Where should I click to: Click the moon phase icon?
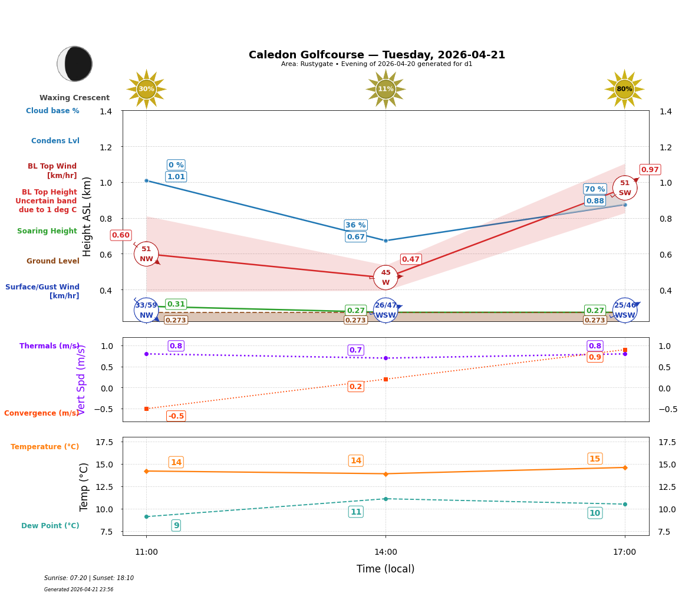pyautogui.click(x=75, y=64)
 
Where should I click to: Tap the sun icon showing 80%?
pyautogui.click(x=624, y=89)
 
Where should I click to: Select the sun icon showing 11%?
pyautogui.click(x=386, y=89)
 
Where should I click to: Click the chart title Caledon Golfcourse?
pyautogui.click(x=377, y=55)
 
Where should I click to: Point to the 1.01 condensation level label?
pyautogui.click(x=176, y=177)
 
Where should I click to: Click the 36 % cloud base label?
pyautogui.click(x=355, y=225)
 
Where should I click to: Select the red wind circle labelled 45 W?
pyautogui.click(x=386, y=277)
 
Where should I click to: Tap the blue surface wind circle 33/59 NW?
pyautogui.click(x=146, y=310)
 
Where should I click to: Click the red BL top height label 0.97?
pyautogui.click(x=650, y=170)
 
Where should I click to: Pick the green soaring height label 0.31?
pyautogui.click(x=176, y=304)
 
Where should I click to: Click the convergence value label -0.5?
pyautogui.click(x=176, y=416)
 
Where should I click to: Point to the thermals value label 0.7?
pyautogui.click(x=355, y=350)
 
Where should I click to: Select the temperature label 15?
pyautogui.click(x=595, y=459)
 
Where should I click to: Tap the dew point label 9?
pyautogui.click(x=176, y=525)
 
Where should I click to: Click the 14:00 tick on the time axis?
pyautogui.click(x=386, y=552)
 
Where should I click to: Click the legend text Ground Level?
pyautogui.click(x=52, y=261)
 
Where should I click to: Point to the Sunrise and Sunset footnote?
pyautogui.click(x=89, y=578)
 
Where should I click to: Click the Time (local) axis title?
pyautogui.click(x=386, y=569)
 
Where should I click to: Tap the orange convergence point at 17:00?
pyautogui.click(x=625, y=350)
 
